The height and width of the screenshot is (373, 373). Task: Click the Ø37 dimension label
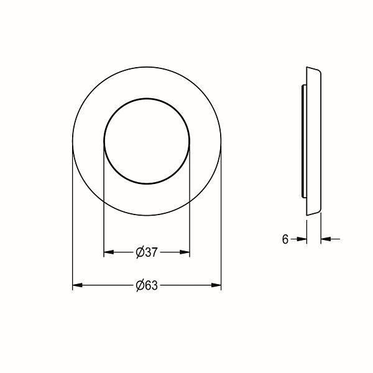pos(147,252)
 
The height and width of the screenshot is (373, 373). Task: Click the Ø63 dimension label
pos(147,285)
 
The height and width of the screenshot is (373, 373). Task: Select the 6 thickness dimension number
pos(285,239)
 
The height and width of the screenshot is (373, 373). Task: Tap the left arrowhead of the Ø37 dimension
pos(109,252)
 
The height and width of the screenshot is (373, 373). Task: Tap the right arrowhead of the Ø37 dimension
pos(185,252)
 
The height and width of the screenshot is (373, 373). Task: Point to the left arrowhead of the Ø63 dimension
pos(78,285)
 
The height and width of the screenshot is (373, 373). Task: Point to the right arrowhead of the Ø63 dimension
pos(216,285)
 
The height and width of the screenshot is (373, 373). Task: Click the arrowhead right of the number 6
pos(302,239)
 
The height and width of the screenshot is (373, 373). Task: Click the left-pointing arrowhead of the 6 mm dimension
pos(326,239)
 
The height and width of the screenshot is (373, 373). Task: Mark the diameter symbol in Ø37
pos(140,252)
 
